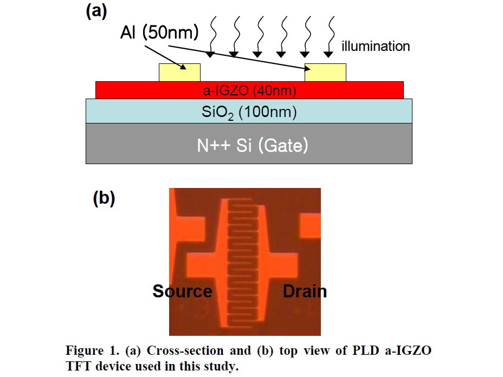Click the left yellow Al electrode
tap(179, 73)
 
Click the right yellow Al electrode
tap(325, 73)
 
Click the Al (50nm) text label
tap(159, 33)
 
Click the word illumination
tap(376, 47)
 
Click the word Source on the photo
tap(182, 291)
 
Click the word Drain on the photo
tap(305, 291)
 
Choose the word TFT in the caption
tap(77, 366)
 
